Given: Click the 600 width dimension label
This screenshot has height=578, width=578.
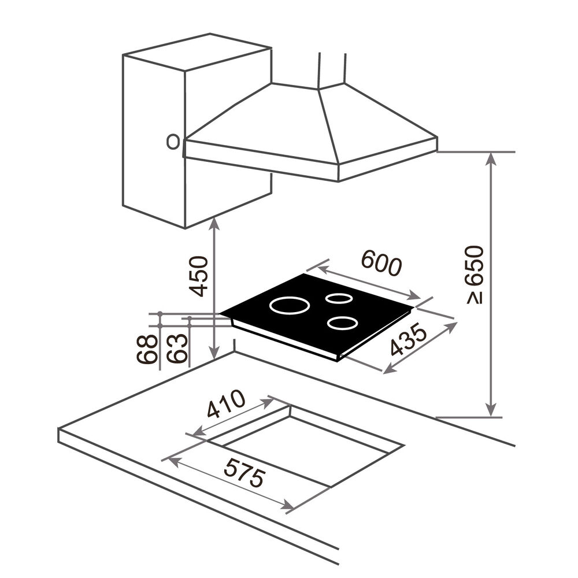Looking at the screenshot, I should point(380,264).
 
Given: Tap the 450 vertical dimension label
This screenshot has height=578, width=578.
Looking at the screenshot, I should point(199,276).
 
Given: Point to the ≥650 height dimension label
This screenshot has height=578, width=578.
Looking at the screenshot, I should point(475,274).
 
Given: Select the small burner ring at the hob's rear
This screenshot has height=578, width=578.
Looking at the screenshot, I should point(338,298).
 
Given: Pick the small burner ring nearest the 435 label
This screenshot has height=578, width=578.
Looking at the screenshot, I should point(341,323).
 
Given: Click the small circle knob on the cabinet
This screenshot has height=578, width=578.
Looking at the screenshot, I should point(172,142).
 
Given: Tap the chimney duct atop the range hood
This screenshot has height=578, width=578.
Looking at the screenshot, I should point(332,69).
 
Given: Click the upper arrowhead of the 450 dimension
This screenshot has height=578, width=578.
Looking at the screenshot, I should point(214,223).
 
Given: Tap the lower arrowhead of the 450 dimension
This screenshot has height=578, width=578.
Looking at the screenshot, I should point(214,353).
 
